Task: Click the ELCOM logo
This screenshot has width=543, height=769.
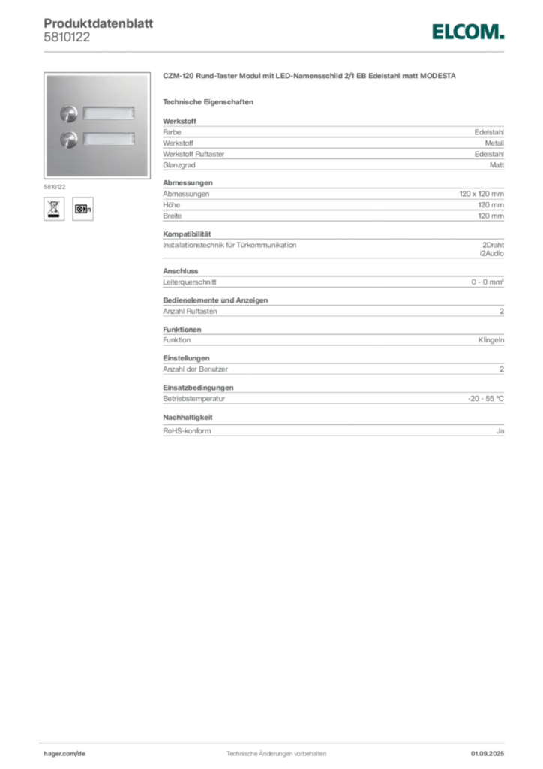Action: click(467, 32)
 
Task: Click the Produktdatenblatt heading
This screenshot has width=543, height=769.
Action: click(98, 23)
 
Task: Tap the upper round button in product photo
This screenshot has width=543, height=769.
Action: click(69, 114)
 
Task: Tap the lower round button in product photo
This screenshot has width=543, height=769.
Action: click(69, 140)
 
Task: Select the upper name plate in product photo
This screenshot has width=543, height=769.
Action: click(108, 114)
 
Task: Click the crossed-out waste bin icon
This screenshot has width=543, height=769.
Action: click(54, 209)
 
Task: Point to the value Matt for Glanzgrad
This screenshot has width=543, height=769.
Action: click(496, 165)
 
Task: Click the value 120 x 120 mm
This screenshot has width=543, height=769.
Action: click(481, 194)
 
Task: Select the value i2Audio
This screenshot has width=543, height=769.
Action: click(491, 253)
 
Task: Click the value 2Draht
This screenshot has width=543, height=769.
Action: click(493, 245)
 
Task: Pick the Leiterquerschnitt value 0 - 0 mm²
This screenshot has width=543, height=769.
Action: click(487, 282)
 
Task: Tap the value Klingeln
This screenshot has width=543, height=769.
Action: click(491, 340)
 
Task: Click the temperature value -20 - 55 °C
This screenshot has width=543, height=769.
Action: click(486, 398)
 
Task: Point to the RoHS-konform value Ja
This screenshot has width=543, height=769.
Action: click(500, 430)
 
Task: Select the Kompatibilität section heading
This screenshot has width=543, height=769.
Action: click(187, 234)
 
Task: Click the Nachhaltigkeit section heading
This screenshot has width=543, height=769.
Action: click(187, 418)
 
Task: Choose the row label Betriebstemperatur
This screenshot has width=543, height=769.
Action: click(194, 398)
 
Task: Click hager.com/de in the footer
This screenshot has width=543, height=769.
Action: click(64, 753)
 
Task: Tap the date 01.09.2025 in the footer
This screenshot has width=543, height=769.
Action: click(487, 753)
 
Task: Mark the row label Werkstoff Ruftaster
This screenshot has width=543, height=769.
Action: click(193, 154)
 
